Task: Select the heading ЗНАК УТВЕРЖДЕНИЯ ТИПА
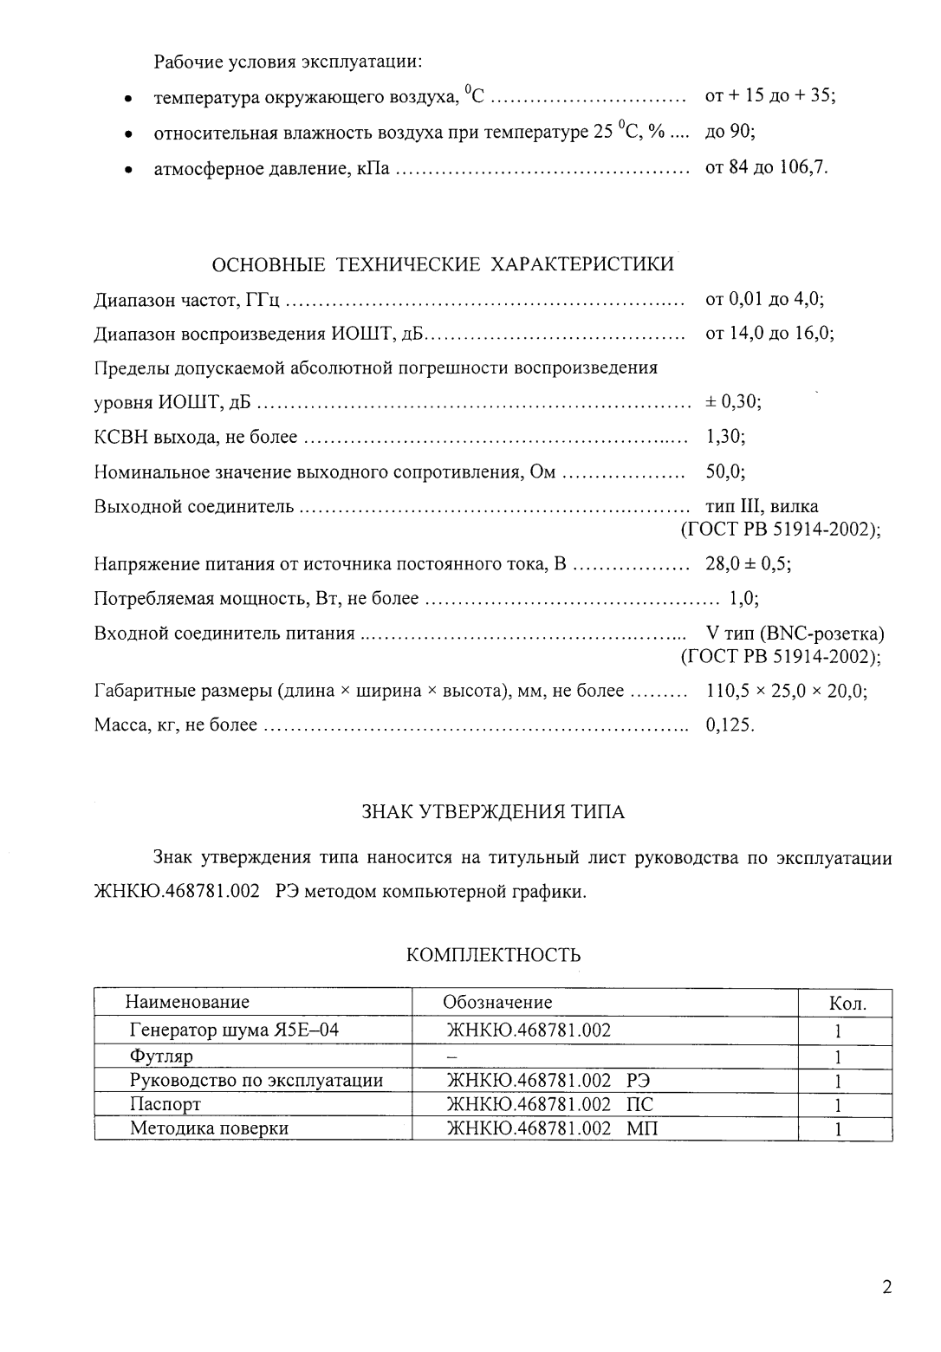pyautogui.click(x=492, y=812)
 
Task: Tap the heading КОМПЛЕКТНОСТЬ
pyautogui.click(x=493, y=955)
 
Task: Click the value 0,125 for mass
pyautogui.click(x=730, y=725)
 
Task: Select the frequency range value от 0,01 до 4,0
pyautogui.click(x=764, y=299)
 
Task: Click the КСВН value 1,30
pyautogui.click(x=725, y=437)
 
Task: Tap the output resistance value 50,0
pyautogui.click(x=725, y=471)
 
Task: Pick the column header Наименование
pyautogui.click(x=187, y=1002)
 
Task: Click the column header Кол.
pyautogui.click(x=847, y=1004)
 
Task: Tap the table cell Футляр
pyautogui.click(x=161, y=1056)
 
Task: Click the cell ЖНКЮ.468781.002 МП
pyautogui.click(x=551, y=1128)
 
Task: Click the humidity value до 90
pyautogui.click(x=730, y=133)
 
